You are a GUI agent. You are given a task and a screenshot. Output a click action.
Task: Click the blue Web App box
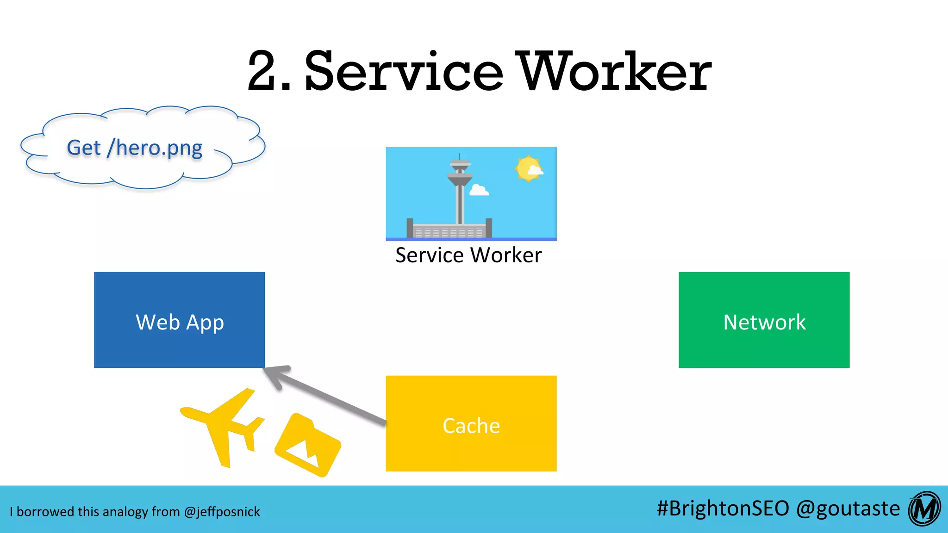tap(180, 320)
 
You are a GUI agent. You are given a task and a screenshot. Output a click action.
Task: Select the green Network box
tap(764, 320)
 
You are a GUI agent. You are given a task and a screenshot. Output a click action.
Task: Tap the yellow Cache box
tap(471, 424)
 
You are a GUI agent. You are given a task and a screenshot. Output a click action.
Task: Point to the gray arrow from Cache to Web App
tap(324, 393)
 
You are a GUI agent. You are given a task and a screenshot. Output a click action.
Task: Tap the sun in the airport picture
tap(528, 168)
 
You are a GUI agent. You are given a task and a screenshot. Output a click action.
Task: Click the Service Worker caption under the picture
tap(468, 255)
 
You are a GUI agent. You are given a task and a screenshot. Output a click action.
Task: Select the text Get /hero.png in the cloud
tap(135, 148)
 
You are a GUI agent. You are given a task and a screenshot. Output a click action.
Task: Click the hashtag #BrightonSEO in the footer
tap(723, 508)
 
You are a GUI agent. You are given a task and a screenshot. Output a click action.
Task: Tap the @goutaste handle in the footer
tap(848, 508)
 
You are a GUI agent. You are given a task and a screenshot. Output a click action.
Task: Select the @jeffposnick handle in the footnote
tap(222, 512)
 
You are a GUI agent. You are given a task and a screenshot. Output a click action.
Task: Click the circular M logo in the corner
tap(924, 509)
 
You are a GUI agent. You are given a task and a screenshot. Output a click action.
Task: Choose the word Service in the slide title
tap(404, 72)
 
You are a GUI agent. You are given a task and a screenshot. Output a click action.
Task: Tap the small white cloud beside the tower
tap(479, 190)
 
